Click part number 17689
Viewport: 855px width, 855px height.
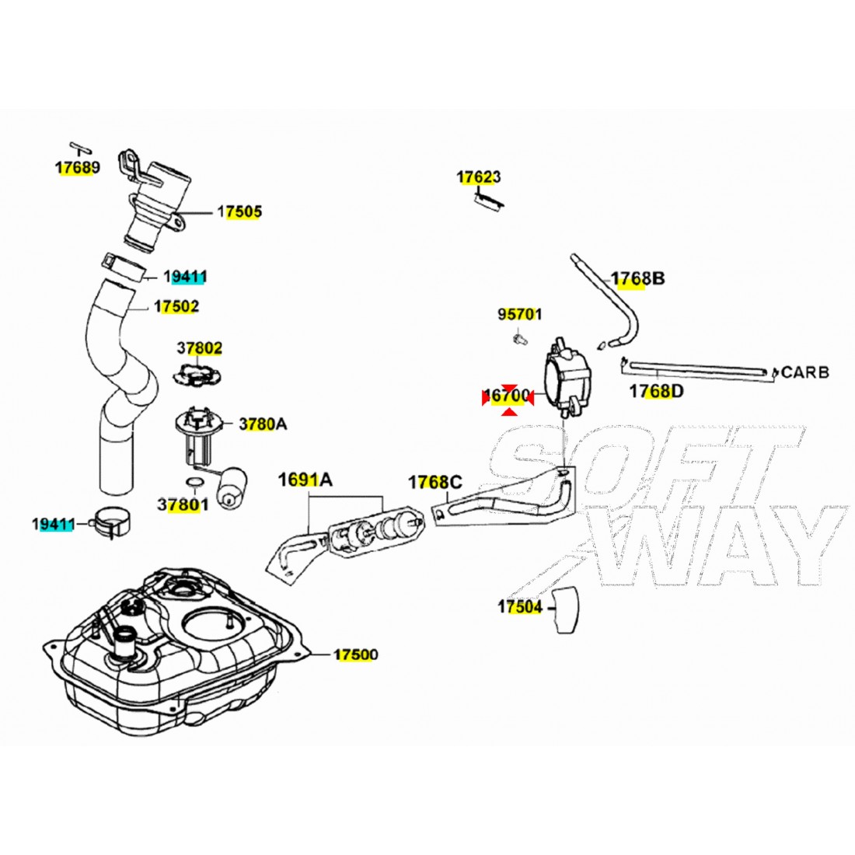pyautogui.click(x=77, y=167)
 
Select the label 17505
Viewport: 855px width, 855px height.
pyautogui.click(x=239, y=211)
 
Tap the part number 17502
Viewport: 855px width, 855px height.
pyautogui.click(x=176, y=306)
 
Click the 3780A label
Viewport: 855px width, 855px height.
pyautogui.click(x=263, y=424)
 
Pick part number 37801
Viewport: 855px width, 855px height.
pyautogui.click(x=183, y=504)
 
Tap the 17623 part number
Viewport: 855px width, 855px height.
pyautogui.click(x=479, y=178)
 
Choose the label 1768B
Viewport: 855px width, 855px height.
pyautogui.click(x=637, y=278)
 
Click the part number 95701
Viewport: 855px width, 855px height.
pyautogui.click(x=520, y=315)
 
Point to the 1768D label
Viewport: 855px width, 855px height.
pyautogui.click(x=657, y=391)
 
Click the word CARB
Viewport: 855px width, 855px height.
pyautogui.click(x=805, y=372)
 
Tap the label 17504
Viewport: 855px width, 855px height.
pyautogui.click(x=520, y=607)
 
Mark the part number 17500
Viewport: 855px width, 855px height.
pyautogui.click(x=356, y=655)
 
